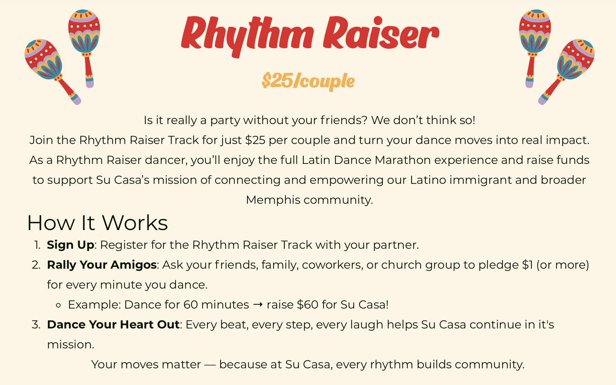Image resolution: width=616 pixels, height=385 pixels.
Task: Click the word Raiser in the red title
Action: (381, 33)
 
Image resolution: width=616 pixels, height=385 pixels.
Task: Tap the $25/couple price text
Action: (308, 81)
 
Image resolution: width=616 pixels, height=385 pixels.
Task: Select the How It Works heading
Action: (98, 223)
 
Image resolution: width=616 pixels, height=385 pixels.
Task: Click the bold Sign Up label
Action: (71, 245)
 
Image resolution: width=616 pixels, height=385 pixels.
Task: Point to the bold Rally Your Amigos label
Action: (102, 265)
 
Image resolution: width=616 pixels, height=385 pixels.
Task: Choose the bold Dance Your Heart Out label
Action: (113, 325)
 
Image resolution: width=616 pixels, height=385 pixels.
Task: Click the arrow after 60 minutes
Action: (258, 304)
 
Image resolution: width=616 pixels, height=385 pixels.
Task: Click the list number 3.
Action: (36, 325)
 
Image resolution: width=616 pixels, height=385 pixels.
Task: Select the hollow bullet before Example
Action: (58, 305)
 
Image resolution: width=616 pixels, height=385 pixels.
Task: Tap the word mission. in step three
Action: (71, 345)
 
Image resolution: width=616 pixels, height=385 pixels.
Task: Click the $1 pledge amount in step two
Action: (527, 265)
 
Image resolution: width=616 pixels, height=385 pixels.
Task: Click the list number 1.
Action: (38, 245)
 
